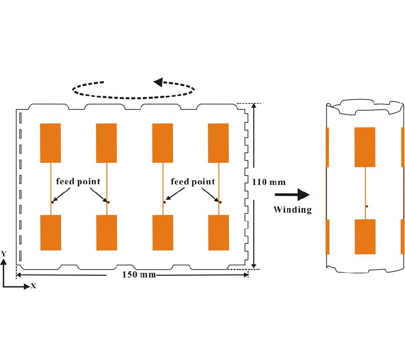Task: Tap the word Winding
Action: coord(292,210)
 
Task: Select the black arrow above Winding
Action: coord(292,195)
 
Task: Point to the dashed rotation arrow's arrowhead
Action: coord(158,82)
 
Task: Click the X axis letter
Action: coord(33,286)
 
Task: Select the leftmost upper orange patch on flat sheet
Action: coord(50,143)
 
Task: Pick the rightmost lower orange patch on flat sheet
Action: coord(218,232)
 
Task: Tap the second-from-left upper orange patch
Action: coord(107,143)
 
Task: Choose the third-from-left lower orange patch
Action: coord(162,232)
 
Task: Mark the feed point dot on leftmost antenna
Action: coord(52,202)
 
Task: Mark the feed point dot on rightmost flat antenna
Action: coord(220,202)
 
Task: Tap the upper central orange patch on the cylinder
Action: coord(364,147)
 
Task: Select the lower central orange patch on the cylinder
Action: coord(364,237)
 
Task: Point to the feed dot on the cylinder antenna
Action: coord(367,206)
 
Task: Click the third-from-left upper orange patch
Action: coord(162,143)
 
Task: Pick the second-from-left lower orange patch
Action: coord(107,232)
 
